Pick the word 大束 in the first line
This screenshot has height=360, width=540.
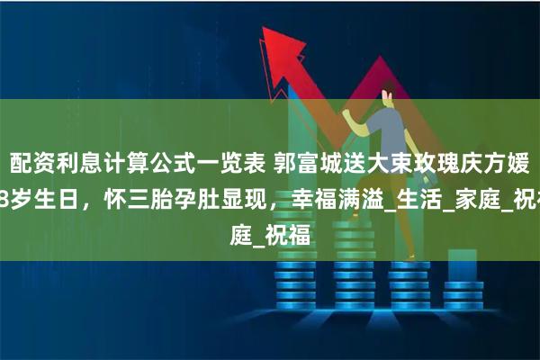click(383, 164)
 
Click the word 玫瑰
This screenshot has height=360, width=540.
click(428, 164)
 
